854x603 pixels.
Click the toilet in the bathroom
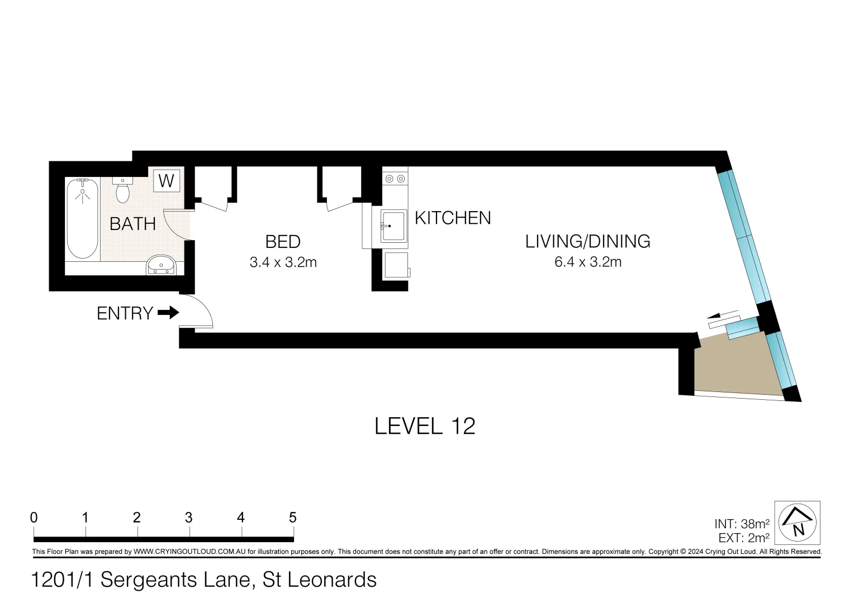point(122,192)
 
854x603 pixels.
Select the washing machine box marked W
point(167,180)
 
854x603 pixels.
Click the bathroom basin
point(161,265)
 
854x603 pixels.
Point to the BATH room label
point(132,224)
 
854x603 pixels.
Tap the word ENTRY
point(125,313)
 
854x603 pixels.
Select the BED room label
point(283,242)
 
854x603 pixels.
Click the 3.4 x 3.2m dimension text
point(283,262)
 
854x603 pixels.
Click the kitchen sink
point(393,226)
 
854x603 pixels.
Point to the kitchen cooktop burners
point(395,179)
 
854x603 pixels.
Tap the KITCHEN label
point(453,218)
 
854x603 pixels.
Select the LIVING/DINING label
point(587,241)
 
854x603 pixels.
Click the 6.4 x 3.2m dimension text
point(587,262)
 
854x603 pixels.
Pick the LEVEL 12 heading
point(425,427)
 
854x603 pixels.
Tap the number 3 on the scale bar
point(189,518)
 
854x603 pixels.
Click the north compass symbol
point(798,523)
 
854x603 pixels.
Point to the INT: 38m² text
point(741,524)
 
